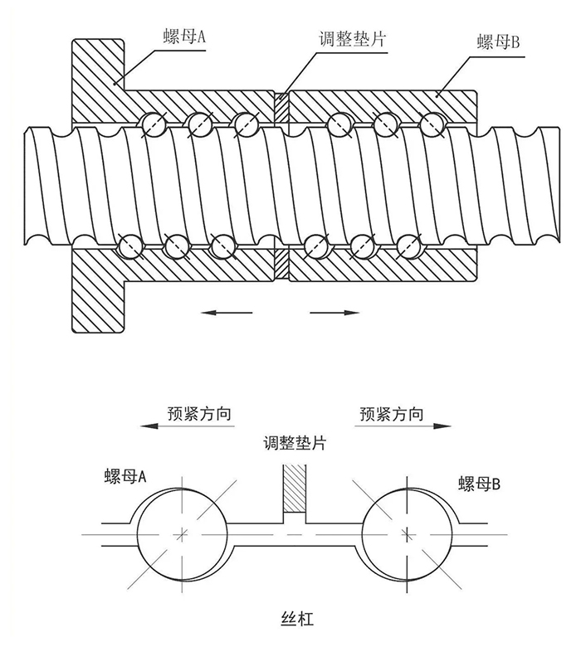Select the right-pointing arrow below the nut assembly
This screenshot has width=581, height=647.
click(334, 313)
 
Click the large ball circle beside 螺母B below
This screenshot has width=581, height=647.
click(407, 531)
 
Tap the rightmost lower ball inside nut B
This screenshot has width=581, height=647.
click(407, 246)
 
